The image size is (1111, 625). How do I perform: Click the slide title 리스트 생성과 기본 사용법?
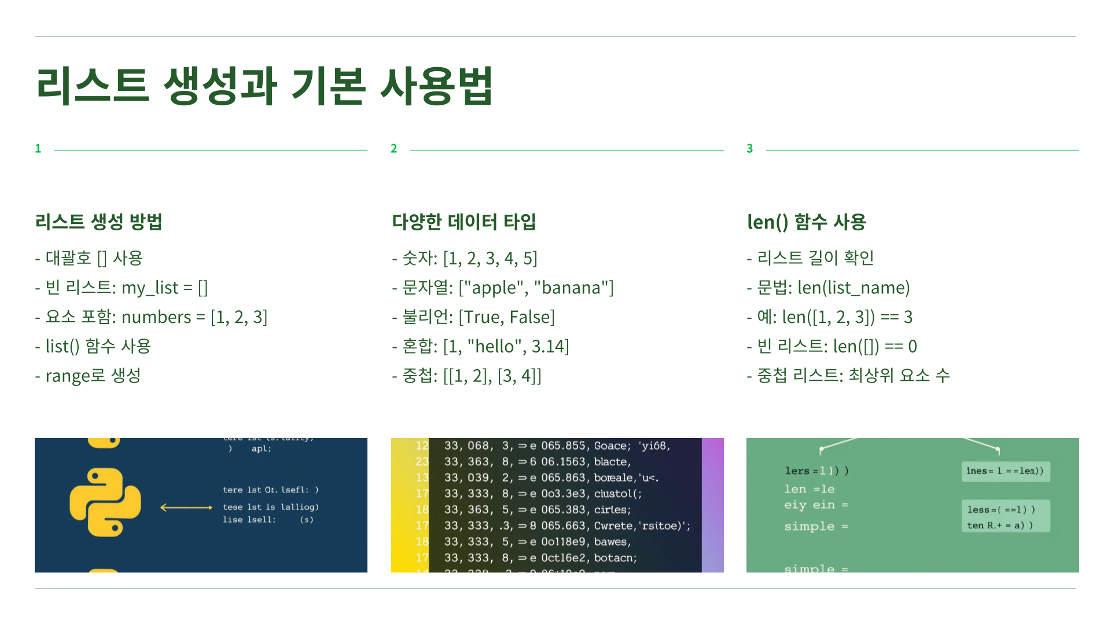tap(264, 86)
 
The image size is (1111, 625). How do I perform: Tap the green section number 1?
tap(38, 149)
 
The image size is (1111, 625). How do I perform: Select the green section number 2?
tap(394, 149)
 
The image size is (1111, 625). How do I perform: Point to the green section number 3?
tap(750, 149)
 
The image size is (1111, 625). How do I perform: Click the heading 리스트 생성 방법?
tap(98, 222)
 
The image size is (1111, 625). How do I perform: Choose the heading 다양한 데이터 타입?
tap(464, 222)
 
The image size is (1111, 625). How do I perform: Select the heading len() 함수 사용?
tap(806, 222)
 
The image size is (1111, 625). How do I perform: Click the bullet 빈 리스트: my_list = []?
tap(122, 288)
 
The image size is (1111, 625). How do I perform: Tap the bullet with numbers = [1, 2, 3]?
tap(152, 317)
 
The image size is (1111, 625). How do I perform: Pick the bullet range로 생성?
tap(88, 376)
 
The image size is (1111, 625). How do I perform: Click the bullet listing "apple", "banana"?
tap(503, 288)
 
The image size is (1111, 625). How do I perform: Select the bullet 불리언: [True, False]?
tap(473, 317)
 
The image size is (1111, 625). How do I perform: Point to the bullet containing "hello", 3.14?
tap(481, 347)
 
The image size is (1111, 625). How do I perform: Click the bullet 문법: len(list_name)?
tap(828, 288)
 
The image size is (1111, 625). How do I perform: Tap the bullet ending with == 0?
tap(832, 347)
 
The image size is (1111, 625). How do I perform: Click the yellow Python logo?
tap(105, 502)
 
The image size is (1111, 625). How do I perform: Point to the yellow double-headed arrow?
tap(186, 508)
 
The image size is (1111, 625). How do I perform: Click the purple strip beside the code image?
tap(713, 505)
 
